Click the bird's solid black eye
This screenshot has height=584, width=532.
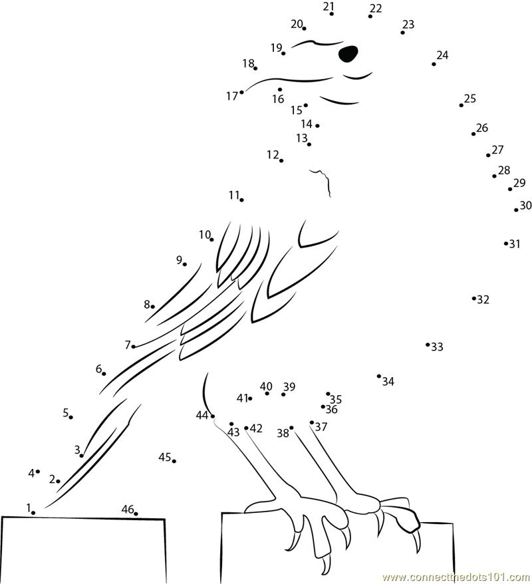point(348,53)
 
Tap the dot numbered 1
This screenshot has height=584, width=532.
point(33,513)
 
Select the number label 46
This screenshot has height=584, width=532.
point(127,509)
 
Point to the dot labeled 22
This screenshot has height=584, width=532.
point(370,16)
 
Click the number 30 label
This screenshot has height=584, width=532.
point(525,206)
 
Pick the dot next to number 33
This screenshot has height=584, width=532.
point(428,345)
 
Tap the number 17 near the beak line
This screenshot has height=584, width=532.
point(231,96)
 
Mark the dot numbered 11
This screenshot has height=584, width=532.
point(241,200)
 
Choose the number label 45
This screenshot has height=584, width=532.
point(165,457)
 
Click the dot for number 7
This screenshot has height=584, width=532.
point(134,346)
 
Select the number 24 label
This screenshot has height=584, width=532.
point(442,55)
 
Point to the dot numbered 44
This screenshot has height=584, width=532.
point(213,416)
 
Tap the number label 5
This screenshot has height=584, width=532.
point(66,413)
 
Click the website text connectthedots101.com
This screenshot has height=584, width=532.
point(456,577)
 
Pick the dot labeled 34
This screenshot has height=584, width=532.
point(379,376)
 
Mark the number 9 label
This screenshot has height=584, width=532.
point(179,260)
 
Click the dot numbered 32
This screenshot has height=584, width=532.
point(474,298)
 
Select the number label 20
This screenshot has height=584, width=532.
point(297,24)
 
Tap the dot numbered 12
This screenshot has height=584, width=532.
point(281,160)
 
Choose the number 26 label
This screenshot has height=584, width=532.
point(482,128)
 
